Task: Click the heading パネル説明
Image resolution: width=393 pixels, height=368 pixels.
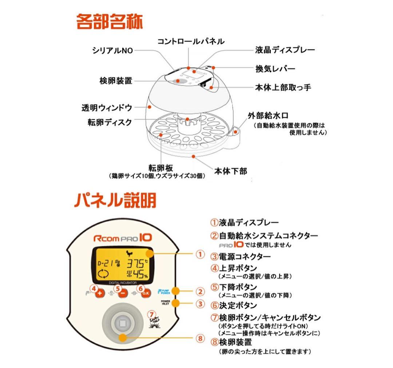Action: pos(115,200)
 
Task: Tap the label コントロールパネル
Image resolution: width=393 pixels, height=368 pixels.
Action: pos(191,41)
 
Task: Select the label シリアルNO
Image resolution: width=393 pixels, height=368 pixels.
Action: pos(112,51)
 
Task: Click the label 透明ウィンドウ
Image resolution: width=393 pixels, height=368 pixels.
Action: pos(106,108)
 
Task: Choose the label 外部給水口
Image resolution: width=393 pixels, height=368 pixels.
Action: pos(268,116)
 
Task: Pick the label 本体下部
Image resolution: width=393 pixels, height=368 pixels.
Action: pos(230,171)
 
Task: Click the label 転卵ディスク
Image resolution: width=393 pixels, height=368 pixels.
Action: pos(109,122)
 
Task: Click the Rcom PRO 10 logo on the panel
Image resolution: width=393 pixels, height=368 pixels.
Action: pos(122,238)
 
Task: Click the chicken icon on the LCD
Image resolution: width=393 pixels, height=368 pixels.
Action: pos(128,254)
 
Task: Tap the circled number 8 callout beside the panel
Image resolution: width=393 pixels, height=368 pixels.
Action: pos(200,338)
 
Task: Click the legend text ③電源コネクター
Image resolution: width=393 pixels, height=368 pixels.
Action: pos(241,257)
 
